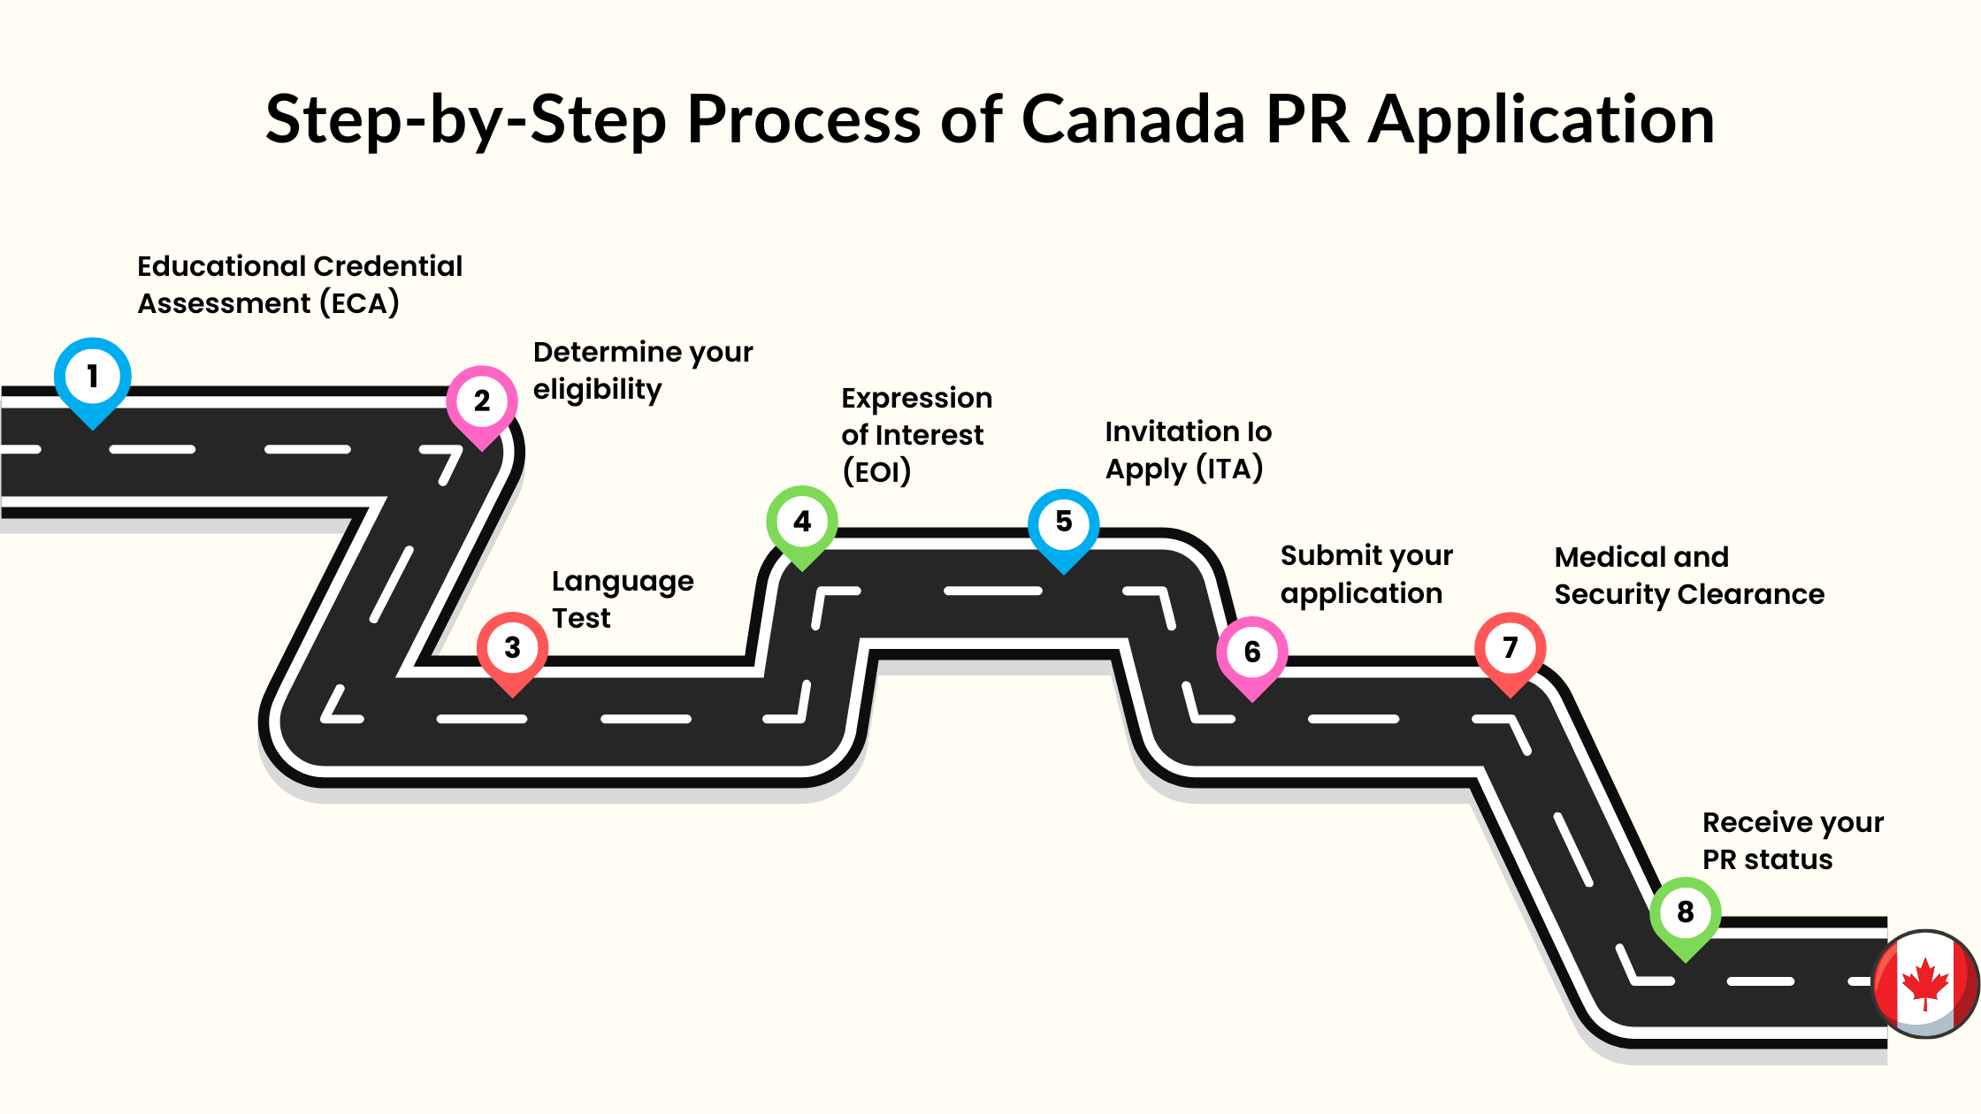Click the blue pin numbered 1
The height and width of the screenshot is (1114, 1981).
[93, 378]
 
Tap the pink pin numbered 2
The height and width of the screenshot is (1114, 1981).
[482, 402]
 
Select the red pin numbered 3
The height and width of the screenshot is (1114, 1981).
[512, 648]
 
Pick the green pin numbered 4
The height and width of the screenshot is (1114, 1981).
[802, 522]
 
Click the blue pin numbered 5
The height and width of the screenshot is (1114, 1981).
[1064, 523]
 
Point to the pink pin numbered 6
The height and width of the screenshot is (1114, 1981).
[1252, 652]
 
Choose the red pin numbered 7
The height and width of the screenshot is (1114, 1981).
[1511, 648]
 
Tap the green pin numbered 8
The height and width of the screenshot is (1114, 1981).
[1686, 912]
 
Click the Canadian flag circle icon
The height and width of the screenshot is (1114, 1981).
[1926, 984]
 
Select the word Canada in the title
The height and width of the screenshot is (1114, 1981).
[1133, 119]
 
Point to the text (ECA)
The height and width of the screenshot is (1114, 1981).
[359, 303]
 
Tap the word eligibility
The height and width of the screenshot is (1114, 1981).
[597, 390]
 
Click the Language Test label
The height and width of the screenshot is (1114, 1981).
[622, 599]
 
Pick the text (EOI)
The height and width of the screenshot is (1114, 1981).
[876, 471]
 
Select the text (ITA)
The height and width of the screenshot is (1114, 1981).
[1229, 469]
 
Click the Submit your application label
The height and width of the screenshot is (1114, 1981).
[1365, 575]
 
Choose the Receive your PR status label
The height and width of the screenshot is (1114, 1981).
[1793, 841]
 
